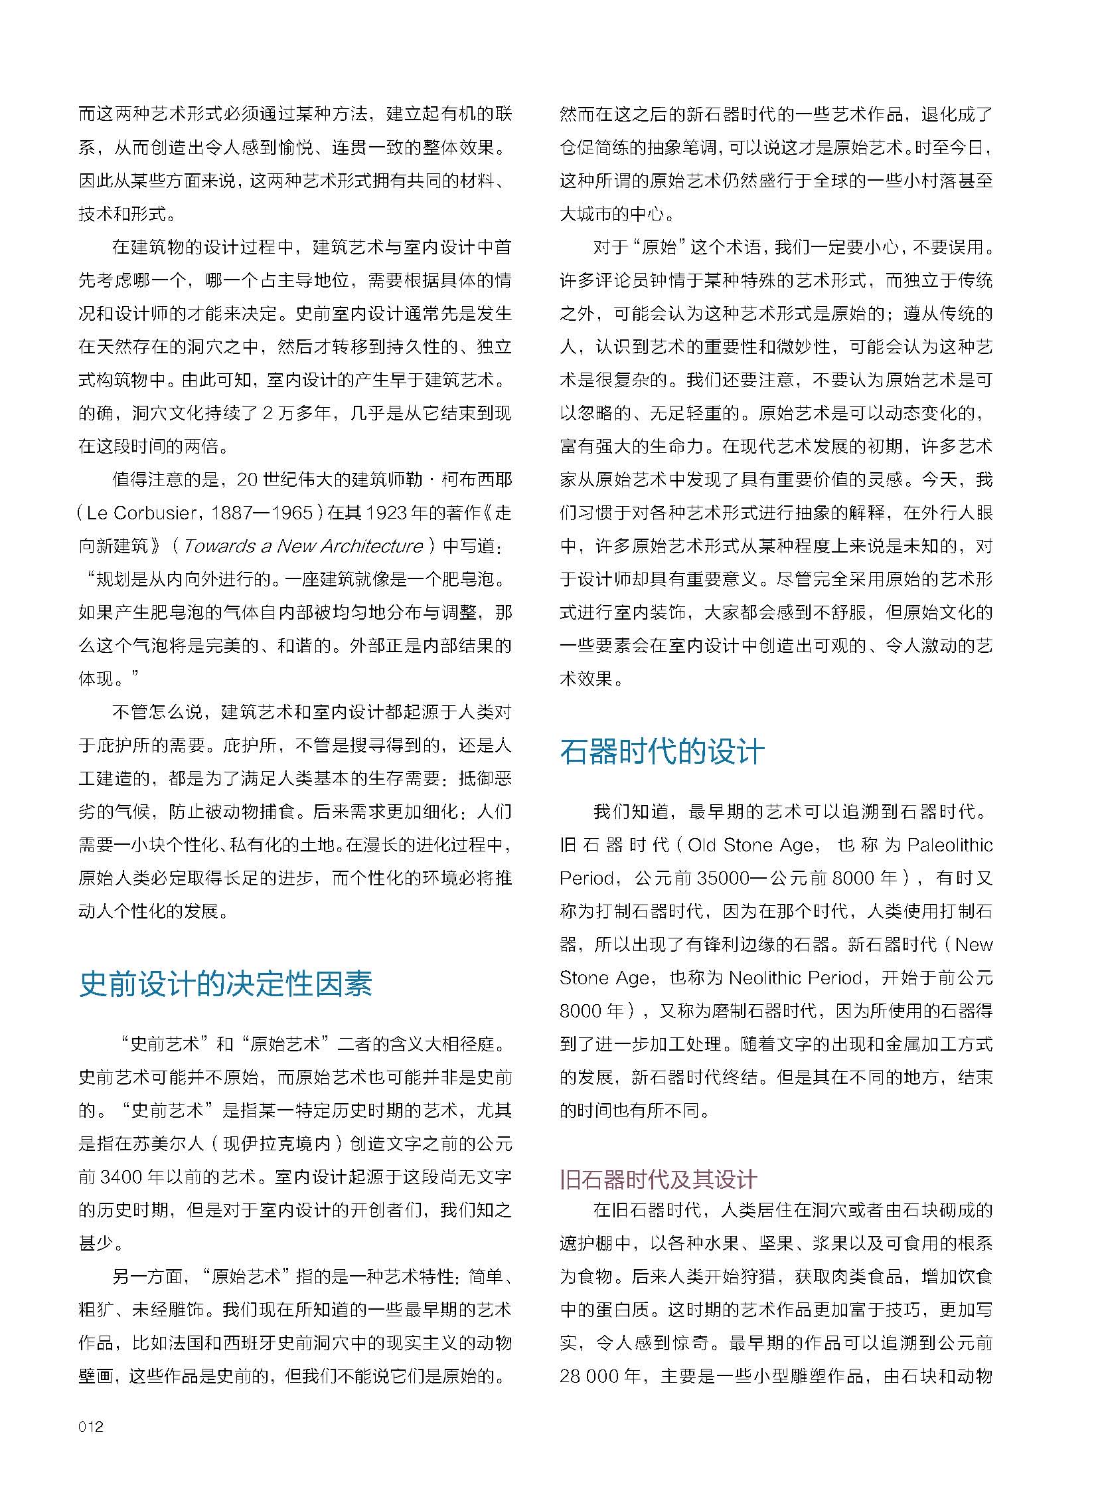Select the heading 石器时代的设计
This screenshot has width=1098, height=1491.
point(662,752)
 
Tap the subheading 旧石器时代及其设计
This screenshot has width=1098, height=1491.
point(658,1179)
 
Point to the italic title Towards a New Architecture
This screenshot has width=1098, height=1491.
point(303,546)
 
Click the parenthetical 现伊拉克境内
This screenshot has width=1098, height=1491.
point(277,1143)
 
